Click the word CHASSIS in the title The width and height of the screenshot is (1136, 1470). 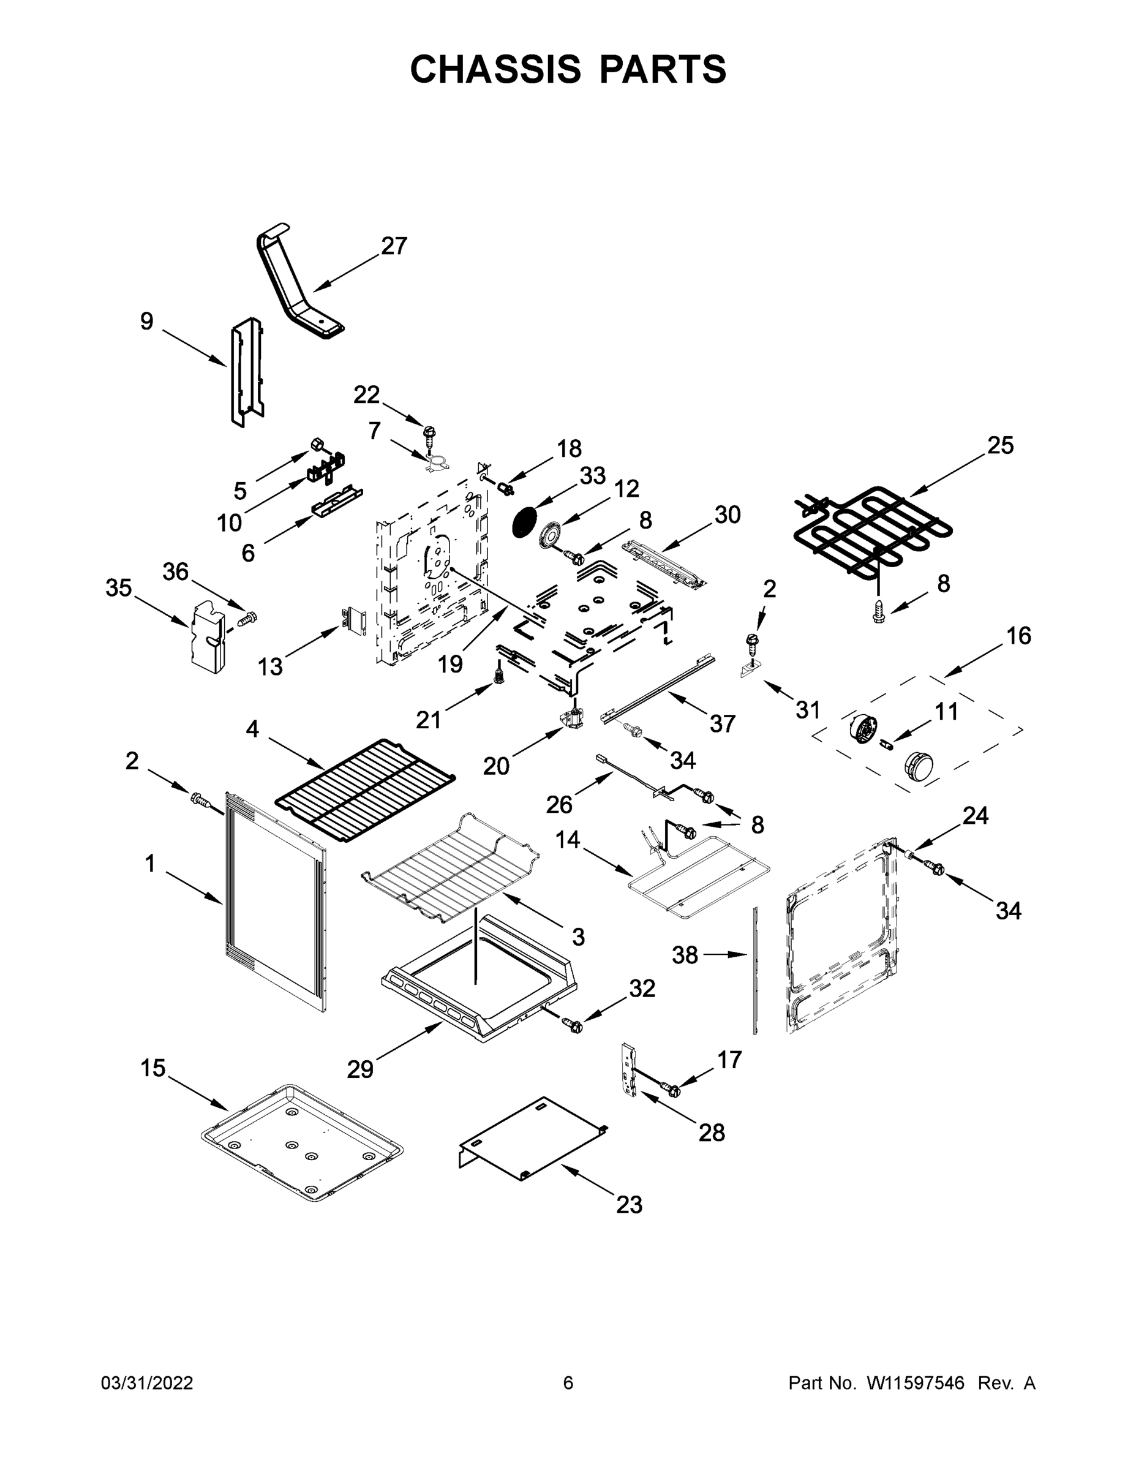pos(495,69)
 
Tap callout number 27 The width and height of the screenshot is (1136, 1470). pos(394,246)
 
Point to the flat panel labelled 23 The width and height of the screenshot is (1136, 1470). pos(532,1137)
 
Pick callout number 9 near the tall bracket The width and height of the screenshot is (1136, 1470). pos(147,321)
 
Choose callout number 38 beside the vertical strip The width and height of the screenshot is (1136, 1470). pos(685,954)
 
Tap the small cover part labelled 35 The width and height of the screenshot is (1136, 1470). pos(206,636)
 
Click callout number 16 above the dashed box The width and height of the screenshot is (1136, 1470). pos(1018,635)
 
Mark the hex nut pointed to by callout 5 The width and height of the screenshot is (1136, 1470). pos(315,444)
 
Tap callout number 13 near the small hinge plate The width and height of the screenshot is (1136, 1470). pos(270,667)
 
